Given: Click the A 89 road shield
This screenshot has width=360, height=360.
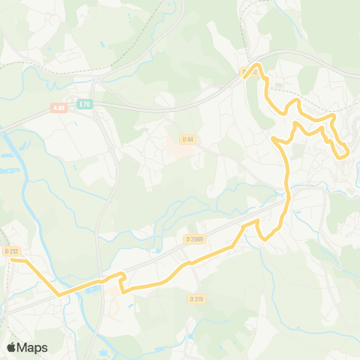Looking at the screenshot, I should pos(59,108).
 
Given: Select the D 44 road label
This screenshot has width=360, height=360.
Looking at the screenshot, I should pos(187,138).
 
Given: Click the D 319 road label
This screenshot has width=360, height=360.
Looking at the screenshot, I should pos(196,298).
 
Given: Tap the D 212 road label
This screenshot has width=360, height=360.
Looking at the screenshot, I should pos(10,251).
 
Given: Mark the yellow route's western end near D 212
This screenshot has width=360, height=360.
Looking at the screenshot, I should pos(16,261).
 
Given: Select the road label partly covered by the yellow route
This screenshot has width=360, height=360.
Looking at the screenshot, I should pos(248,72).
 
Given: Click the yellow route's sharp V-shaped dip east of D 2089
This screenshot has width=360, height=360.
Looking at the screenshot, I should pos(265,238).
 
